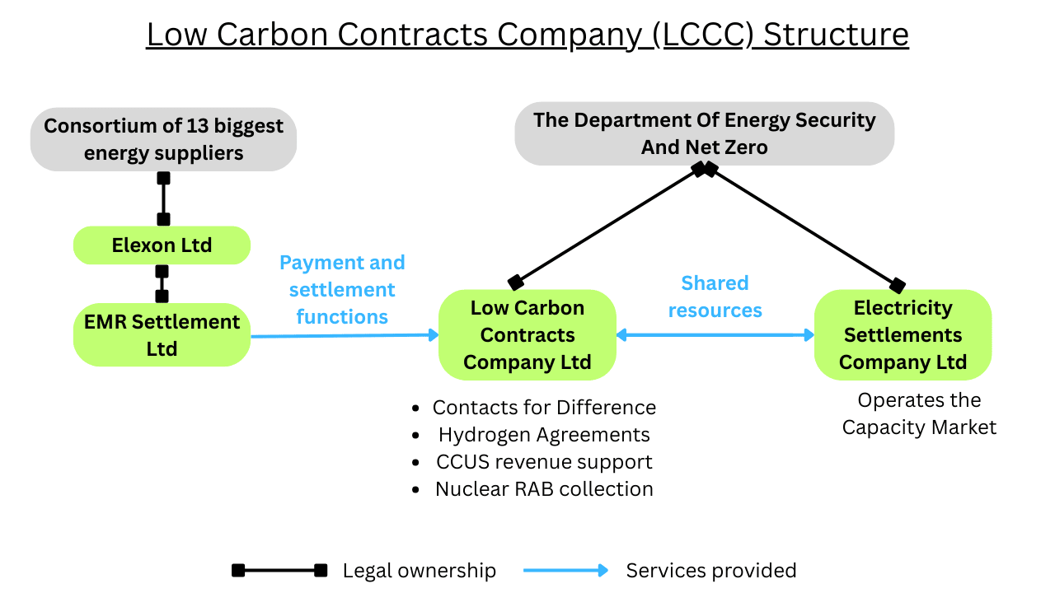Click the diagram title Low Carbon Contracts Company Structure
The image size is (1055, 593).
tap(527, 35)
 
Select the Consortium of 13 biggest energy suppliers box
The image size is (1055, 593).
tap(163, 139)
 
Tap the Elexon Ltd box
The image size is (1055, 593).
tap(162, 245)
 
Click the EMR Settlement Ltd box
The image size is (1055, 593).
tap(162, 335)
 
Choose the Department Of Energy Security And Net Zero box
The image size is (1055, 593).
tap(704, 133)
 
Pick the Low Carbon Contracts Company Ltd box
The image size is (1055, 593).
tap(527, 335)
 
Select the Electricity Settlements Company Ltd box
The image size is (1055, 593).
tap(903, 335)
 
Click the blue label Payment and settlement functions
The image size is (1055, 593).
tap(342, 289)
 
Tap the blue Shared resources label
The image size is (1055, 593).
tap(715, 296)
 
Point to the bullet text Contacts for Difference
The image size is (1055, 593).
tap(544, 408)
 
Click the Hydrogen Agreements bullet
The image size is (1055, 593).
tap(544, 435)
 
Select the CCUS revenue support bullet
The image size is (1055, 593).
tap(544, 462)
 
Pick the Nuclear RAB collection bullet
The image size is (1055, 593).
tap(544, 489)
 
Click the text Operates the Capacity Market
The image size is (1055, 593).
tap(919, 413)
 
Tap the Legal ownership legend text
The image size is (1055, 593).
tap(419, 571)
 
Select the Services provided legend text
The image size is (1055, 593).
tap(710, 571)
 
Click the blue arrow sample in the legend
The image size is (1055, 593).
tap(565, 571)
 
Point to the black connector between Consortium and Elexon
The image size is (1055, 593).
tap(163, 198)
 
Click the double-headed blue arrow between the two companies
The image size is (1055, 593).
tap(715, 334)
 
